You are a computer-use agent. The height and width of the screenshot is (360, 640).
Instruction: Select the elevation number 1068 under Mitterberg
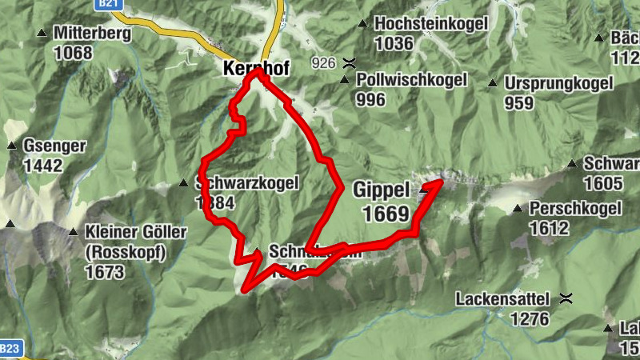click(x=74, y=54)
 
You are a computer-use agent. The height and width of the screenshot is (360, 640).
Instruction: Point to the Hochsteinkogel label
click(x=430, y=24)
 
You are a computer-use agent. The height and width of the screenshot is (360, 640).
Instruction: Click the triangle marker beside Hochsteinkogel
click(x=363, y=23)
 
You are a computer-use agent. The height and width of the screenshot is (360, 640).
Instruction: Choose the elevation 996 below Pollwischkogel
click(x=371, y=100)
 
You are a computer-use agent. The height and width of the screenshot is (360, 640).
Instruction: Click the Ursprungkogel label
click(x=558, y=83)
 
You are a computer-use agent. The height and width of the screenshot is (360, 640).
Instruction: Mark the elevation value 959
click(x=518, y=103)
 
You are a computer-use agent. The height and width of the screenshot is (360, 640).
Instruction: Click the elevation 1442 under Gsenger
click(x=43, y=166)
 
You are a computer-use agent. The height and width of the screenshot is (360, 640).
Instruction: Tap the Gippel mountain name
click(x=381, y=190)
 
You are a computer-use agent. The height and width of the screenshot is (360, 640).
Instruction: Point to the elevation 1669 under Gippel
click(x=386, y=214)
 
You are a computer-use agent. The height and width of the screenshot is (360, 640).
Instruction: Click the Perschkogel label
click(x=575, y=210)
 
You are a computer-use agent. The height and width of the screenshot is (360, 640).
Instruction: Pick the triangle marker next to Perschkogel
click(x=518, y=209)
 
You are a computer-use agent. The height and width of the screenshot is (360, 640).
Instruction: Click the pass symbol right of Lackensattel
click(x=566, y=300)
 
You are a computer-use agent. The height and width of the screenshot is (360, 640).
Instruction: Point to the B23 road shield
click(x=9, y=349)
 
